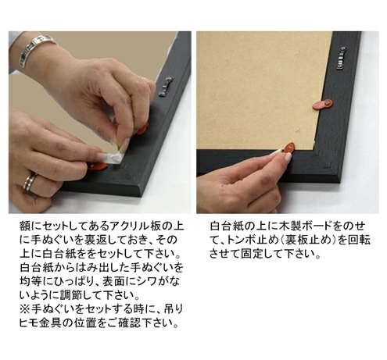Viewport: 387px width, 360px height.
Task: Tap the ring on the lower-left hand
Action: click(30, 183)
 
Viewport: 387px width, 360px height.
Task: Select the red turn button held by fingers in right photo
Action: click(288, 148)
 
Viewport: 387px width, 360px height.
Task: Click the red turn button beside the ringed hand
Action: click(98, 166)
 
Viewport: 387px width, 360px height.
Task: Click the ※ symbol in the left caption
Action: click(25, 309)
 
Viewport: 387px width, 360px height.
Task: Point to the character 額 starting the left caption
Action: click(25, 226)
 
